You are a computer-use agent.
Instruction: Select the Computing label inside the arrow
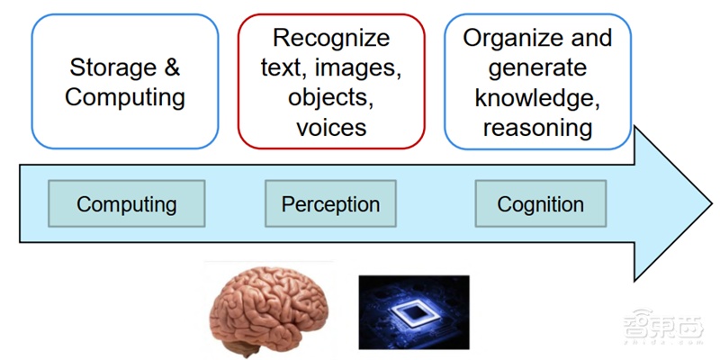click(x=126, y=203)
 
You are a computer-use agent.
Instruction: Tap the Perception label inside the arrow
click(x=331, y=203)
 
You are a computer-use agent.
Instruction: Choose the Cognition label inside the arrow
click(x=540, y=203)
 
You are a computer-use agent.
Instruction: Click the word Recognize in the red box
click(x=331, y=38)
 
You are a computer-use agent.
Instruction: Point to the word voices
click(x=331, y=127)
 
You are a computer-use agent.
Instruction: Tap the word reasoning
click(x=537, y=127)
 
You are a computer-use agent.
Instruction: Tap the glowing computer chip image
click(x=413, y=311)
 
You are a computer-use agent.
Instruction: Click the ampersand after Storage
click(x=172, y=67)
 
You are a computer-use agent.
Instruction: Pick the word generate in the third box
click(x=537, y=67)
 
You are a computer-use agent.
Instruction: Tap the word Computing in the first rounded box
click(x=125, y=97)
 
